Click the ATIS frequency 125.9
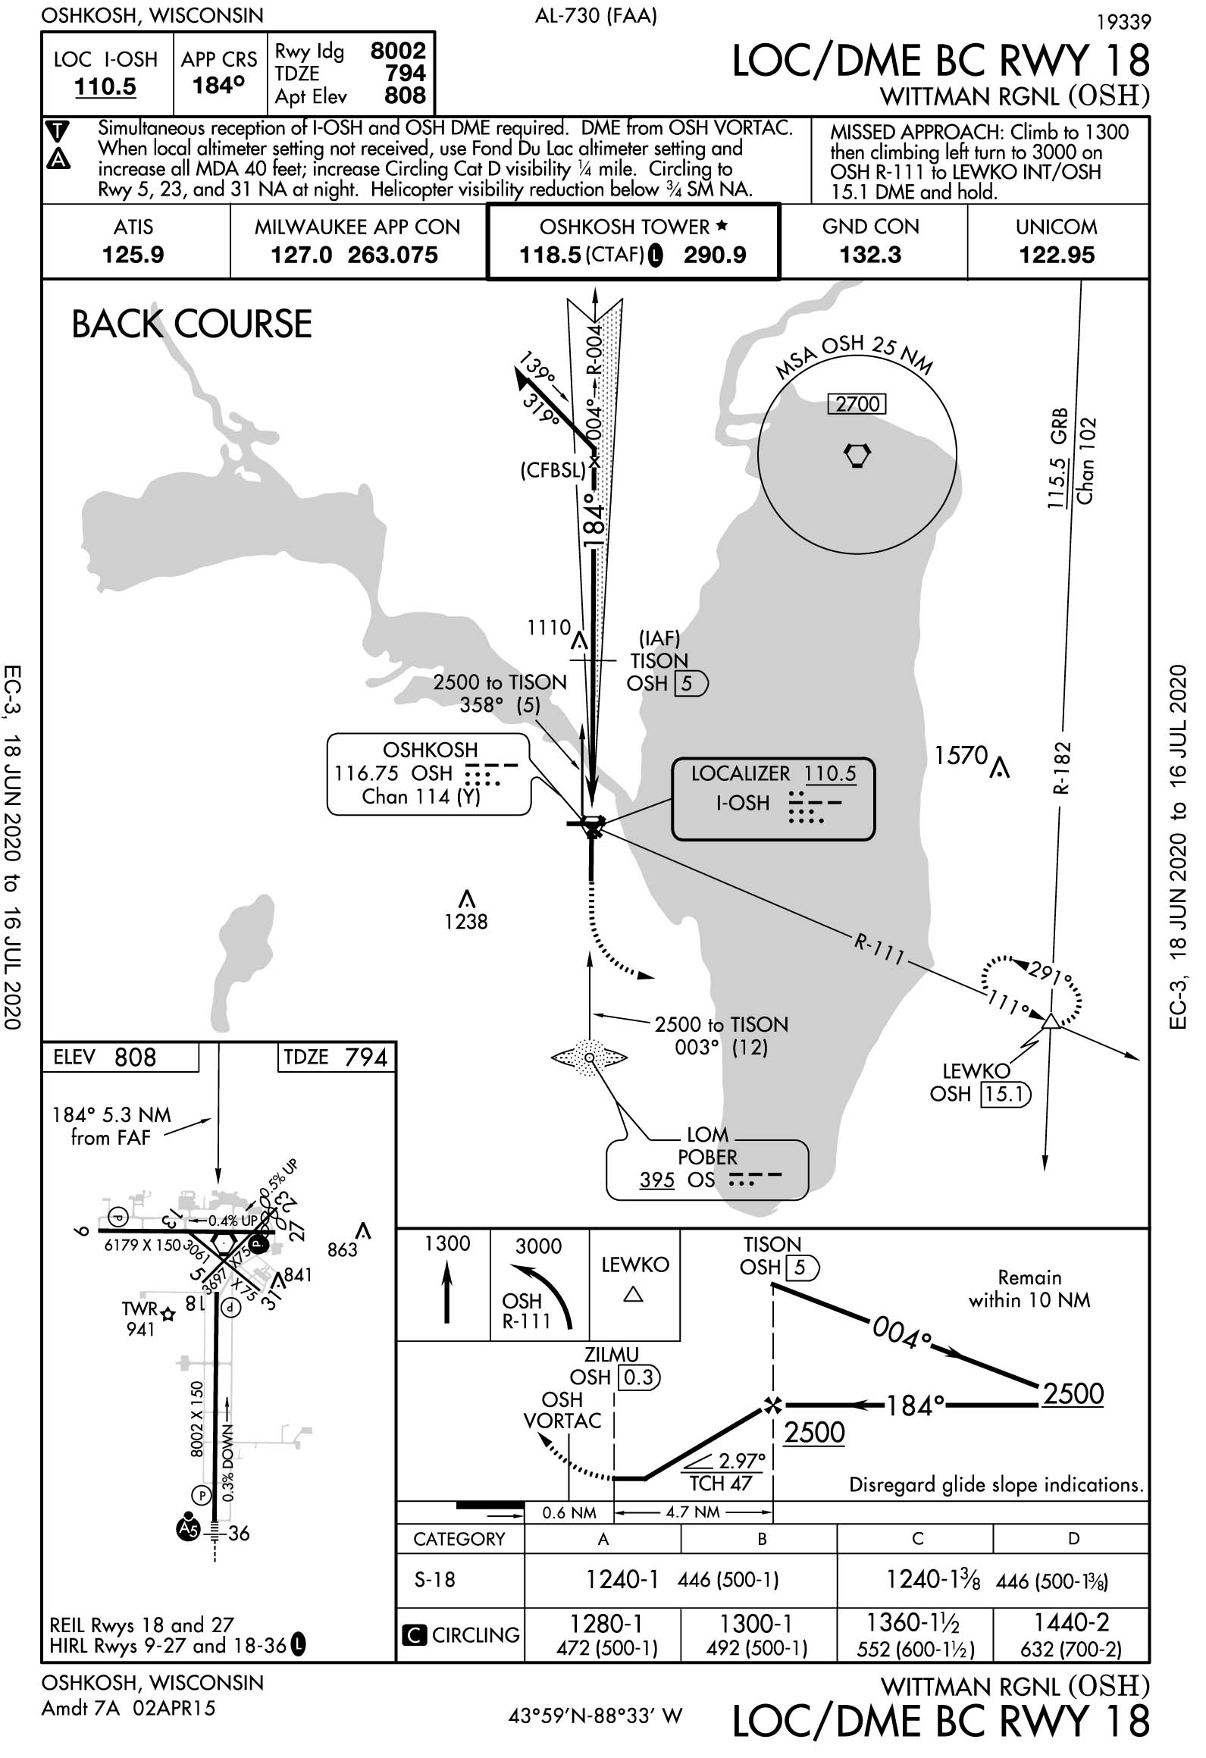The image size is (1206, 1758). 133,255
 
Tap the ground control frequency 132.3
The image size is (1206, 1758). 870,255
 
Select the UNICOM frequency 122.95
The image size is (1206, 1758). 1057,255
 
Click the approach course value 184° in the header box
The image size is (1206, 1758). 218,86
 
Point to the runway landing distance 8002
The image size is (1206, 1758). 398,51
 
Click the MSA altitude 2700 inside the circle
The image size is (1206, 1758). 857,404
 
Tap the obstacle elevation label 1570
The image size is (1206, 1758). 961,756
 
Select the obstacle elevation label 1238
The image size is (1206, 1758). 466,922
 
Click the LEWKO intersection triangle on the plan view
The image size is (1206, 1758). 1050,1021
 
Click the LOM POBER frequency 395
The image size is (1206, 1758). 656,1180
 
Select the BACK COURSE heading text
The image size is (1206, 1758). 192,324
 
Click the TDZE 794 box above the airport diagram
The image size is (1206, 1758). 336,1058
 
